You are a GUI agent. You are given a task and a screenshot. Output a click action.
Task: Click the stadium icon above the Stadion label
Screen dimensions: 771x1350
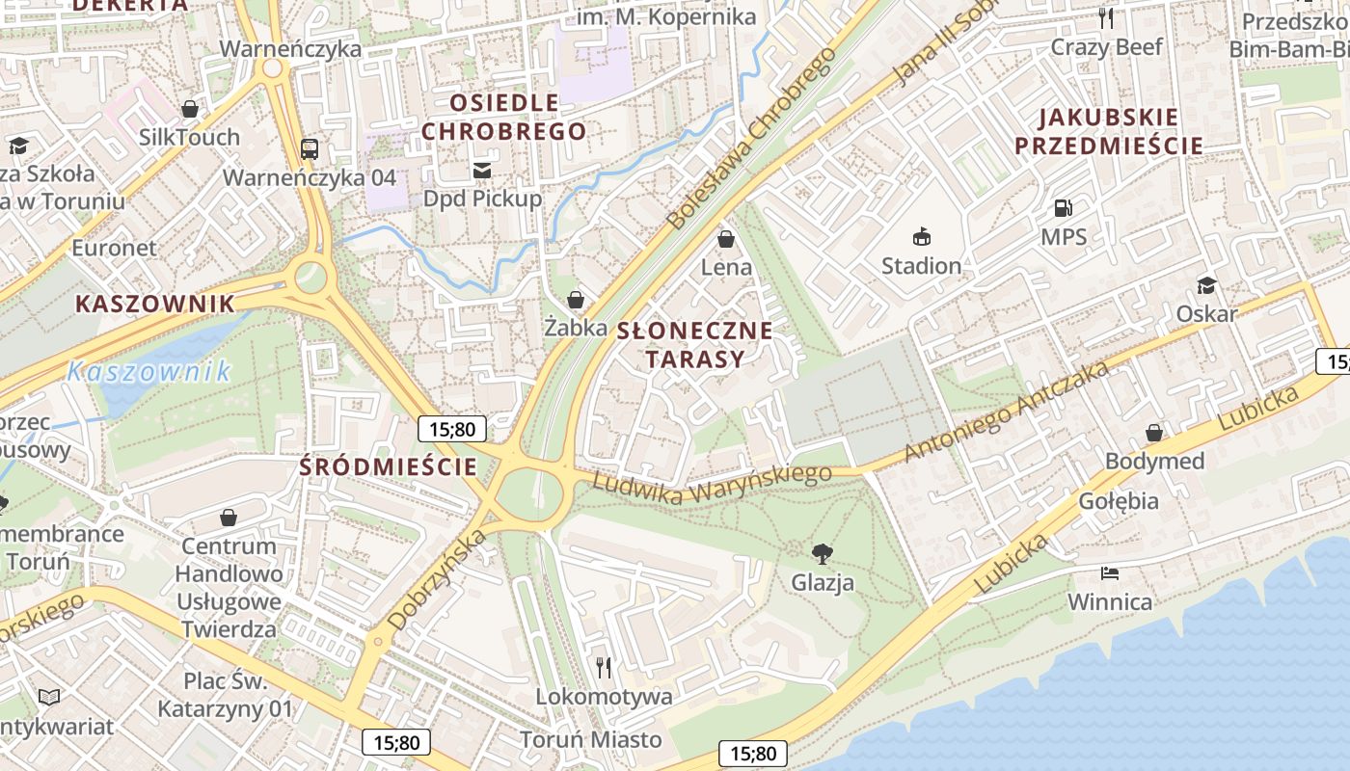922,236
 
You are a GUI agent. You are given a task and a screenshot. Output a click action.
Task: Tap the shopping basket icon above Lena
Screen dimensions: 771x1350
726,238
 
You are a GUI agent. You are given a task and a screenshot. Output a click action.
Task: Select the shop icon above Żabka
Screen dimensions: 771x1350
576,300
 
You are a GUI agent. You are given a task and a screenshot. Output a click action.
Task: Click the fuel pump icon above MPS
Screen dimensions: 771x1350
1063,207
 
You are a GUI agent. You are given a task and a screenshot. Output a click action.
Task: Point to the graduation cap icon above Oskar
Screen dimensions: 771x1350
1206,285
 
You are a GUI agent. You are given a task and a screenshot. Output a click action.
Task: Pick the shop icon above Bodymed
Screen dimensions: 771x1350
1154,433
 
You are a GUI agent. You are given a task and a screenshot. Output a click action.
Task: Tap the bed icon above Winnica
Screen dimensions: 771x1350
1110,573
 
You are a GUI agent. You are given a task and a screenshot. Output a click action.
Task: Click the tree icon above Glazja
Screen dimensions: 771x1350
822,553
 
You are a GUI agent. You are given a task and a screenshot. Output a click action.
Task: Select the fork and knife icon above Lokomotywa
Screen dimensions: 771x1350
604,667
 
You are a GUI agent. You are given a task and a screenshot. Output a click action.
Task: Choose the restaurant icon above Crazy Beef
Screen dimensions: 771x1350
1106,17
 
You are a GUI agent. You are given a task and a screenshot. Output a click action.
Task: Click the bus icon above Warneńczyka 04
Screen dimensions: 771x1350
309,149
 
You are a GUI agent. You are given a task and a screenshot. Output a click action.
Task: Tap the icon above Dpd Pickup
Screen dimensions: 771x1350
482,170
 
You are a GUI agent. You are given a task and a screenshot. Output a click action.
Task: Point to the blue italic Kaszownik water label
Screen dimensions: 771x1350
149,371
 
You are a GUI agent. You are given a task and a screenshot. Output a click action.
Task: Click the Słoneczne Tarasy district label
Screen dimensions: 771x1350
694,345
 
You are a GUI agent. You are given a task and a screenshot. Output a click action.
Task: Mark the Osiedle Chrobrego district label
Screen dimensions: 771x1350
504,117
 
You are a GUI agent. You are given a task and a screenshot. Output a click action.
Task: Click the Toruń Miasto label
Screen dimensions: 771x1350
591,739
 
